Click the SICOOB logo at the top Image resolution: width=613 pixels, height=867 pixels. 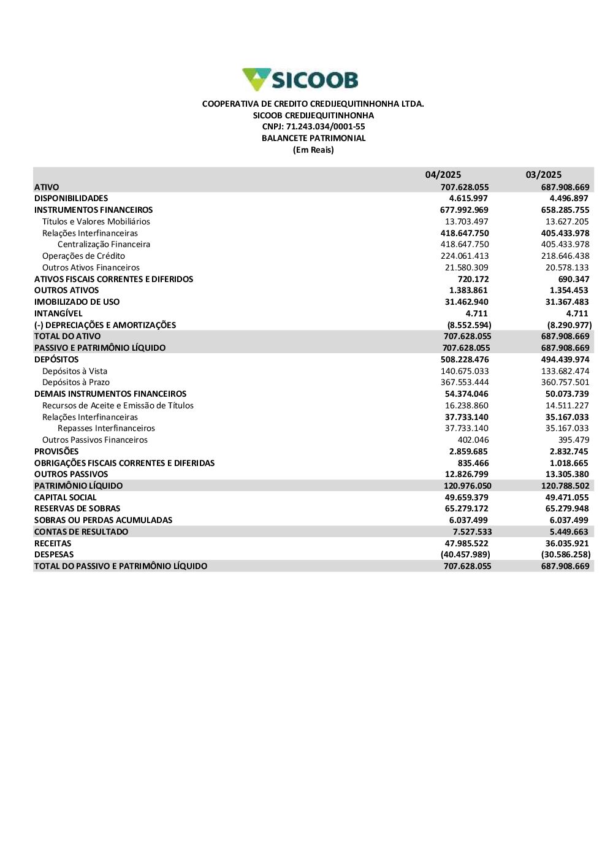[300, 80]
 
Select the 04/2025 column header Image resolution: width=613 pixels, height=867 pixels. [443, 175]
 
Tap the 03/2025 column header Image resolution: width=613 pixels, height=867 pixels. [544, 175]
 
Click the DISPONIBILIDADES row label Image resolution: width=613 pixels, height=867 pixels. [71, 198]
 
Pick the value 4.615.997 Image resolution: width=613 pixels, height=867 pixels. [468, 198]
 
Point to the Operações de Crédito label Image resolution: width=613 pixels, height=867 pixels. [83, 256]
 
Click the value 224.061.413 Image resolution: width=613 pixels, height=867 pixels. [465, 256]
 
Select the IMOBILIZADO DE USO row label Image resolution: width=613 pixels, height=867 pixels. [77, 302]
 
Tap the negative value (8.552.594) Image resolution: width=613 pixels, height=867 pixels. [469, 325]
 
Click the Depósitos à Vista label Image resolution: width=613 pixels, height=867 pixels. [75, 371]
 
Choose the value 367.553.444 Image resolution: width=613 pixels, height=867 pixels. [465, 382]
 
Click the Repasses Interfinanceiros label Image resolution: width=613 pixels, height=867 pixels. [106, 428]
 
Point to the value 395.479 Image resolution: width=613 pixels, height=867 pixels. [574, 440]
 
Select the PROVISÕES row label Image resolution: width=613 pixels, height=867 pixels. [56, 451]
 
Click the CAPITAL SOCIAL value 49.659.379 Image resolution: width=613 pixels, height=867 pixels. [466, 497]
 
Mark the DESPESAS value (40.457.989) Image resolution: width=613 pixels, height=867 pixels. [465, 554]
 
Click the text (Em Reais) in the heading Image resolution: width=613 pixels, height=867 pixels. [313, 150]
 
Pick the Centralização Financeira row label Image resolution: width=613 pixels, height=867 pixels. [104, 244]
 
